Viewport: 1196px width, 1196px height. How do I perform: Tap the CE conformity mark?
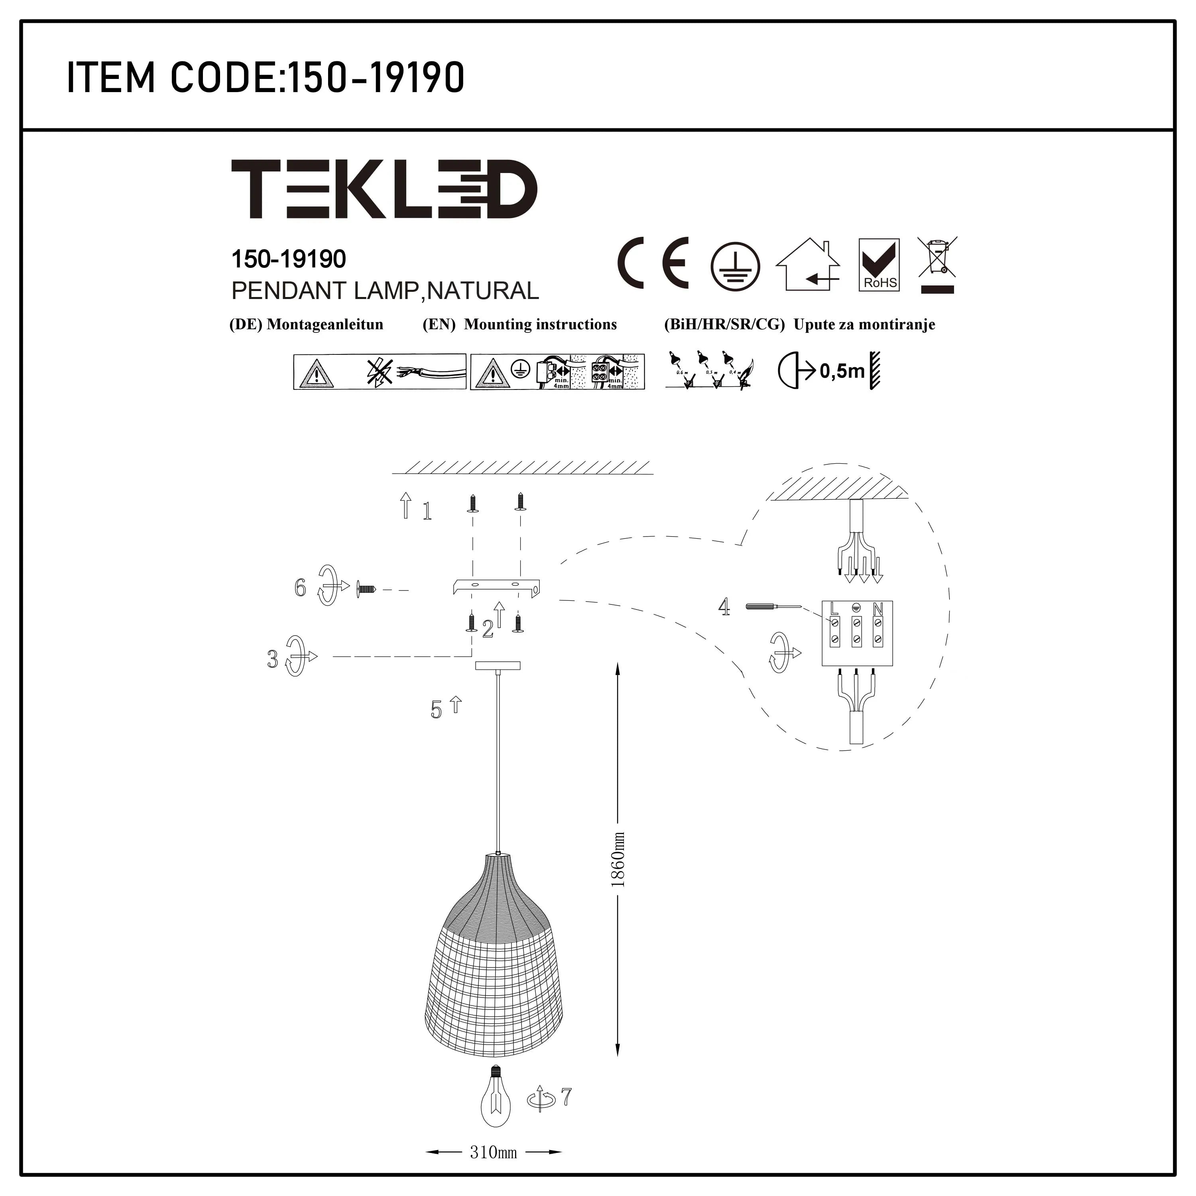coord(653,263)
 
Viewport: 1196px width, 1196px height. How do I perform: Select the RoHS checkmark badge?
coord(879,265)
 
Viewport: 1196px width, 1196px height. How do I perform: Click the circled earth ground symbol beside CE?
coord(735,266)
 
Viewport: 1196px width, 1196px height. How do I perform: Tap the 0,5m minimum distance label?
coord(842,372)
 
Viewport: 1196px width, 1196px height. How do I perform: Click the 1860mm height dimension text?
coord(618,860)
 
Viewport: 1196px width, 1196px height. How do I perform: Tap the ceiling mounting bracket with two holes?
coord(496,586)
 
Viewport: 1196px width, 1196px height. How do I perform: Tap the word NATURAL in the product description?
coord(484,291)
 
